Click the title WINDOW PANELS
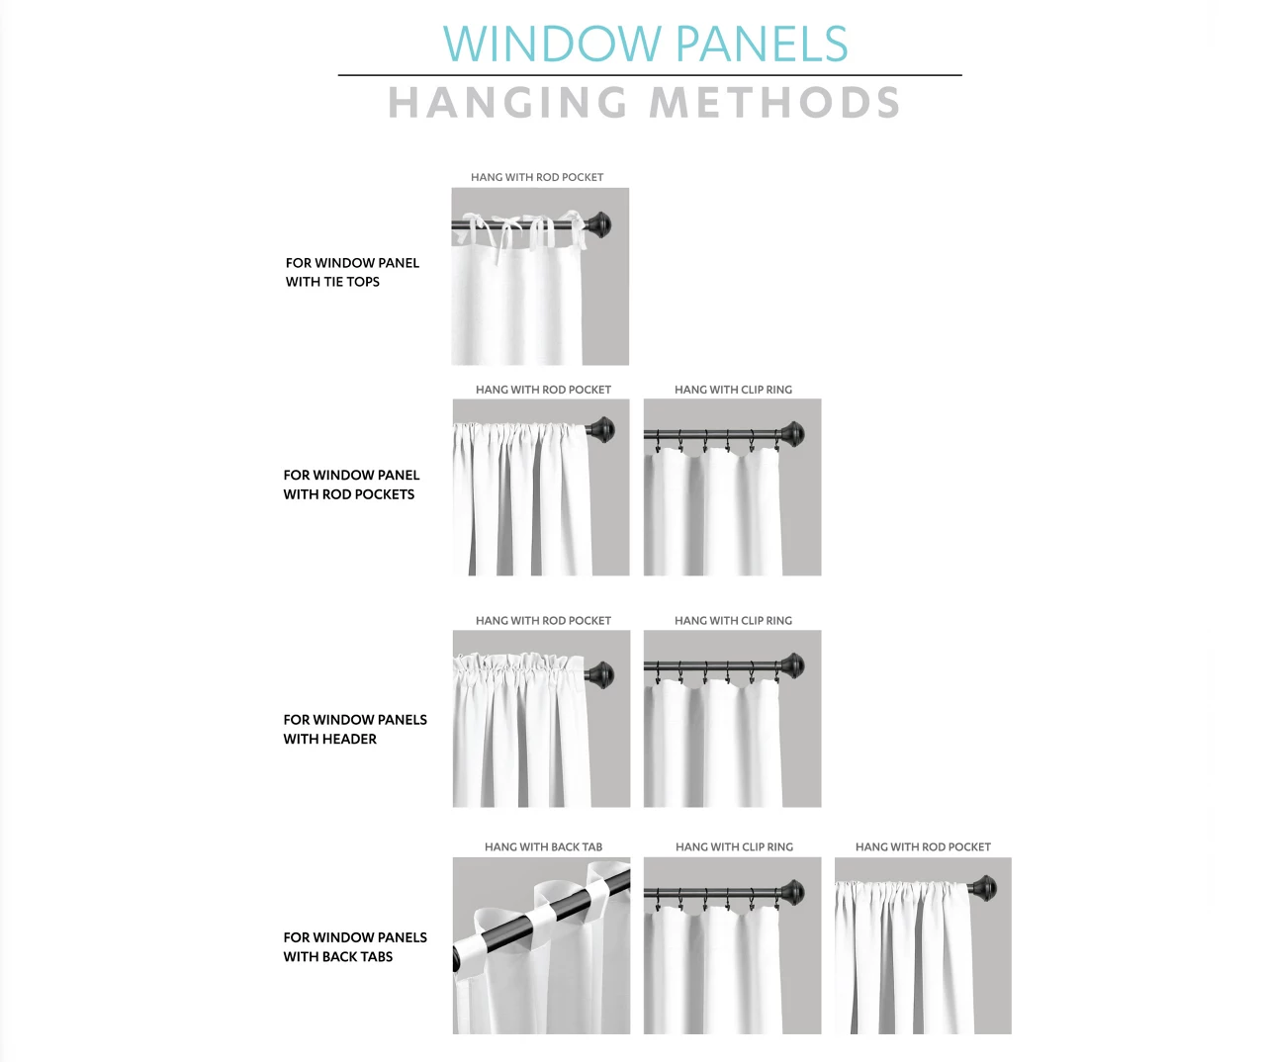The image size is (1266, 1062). (x=645, y=44)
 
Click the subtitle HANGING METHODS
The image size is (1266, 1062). (x=644, y=103)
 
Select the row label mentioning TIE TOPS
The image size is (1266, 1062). (x=352, y=272)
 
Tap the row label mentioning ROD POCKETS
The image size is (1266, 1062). (x=351, y=485)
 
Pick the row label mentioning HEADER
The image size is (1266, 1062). (x=355, y=729)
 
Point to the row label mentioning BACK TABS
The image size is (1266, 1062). (x=355, y=946)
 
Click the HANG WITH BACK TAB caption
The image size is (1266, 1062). (x=543, y=846)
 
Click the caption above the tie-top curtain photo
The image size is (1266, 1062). (x=537, y=177)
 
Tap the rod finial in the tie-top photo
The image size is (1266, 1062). (x=598, y=224)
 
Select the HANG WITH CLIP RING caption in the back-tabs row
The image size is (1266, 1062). (x=734, y=846)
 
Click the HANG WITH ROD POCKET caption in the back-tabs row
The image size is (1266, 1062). (x=923, y=846)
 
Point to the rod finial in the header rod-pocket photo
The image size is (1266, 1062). (x=599, y=675)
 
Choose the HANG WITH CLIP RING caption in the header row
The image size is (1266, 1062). (x=733, y=620)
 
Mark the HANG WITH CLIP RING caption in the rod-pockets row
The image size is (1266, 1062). (x=733, y=390)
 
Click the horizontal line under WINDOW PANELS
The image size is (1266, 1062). (x=649, y=75)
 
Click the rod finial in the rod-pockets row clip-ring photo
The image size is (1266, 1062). (x=791, y=433)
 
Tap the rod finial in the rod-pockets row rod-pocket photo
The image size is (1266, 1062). (x=600, y=430)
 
